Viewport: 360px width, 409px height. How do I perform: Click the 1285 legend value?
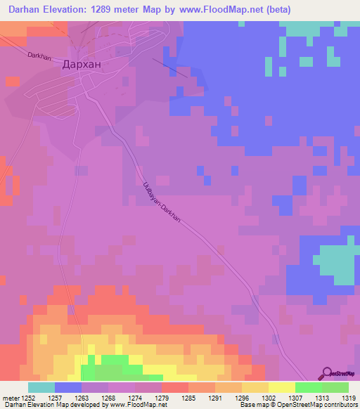coord(188,398)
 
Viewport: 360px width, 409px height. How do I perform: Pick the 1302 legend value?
coord(268,398)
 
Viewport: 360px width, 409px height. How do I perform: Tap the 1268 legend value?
coord(108,398)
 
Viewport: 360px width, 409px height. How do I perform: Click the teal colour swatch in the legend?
coord(41,387)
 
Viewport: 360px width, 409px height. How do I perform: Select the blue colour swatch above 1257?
coord(68,387)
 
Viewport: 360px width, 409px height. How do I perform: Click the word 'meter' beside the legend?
coord(11,398)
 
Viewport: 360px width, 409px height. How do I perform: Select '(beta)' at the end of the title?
coord(276,10)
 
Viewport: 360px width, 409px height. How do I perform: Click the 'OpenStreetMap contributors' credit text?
coord(316,405)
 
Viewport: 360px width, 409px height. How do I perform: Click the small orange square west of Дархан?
coord(12,81)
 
